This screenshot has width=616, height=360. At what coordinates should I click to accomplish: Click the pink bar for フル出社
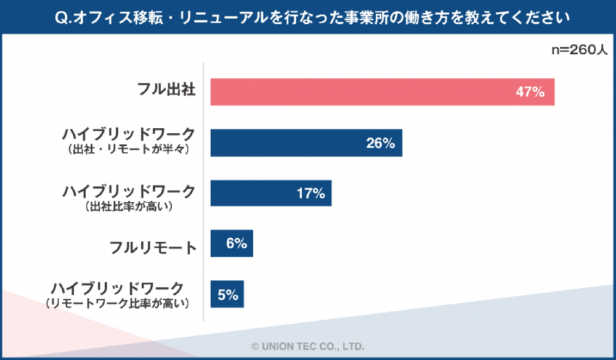[x=382, y=92]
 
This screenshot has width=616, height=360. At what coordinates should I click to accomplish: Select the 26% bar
[x=306, y=143]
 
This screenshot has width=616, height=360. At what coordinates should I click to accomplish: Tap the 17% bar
[x=271, y=194]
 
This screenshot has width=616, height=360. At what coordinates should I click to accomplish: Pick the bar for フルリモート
[x=232, y=243]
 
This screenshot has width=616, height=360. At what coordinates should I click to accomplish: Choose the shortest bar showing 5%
[x=227, y=294]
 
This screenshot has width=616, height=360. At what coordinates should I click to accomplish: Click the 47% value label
[x=530, y=92]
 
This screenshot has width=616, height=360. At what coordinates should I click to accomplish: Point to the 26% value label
[x=379, y=144]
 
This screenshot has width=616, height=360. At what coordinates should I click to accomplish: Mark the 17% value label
[x=310, y=194]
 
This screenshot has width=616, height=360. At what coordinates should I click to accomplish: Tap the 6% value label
[x=237, y=243]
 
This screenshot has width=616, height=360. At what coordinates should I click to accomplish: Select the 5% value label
[x=227, y=295]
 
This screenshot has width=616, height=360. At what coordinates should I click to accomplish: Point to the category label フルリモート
[x=153, y=247]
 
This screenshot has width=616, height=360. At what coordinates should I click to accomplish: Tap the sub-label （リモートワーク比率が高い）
[x=116, y=302]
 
